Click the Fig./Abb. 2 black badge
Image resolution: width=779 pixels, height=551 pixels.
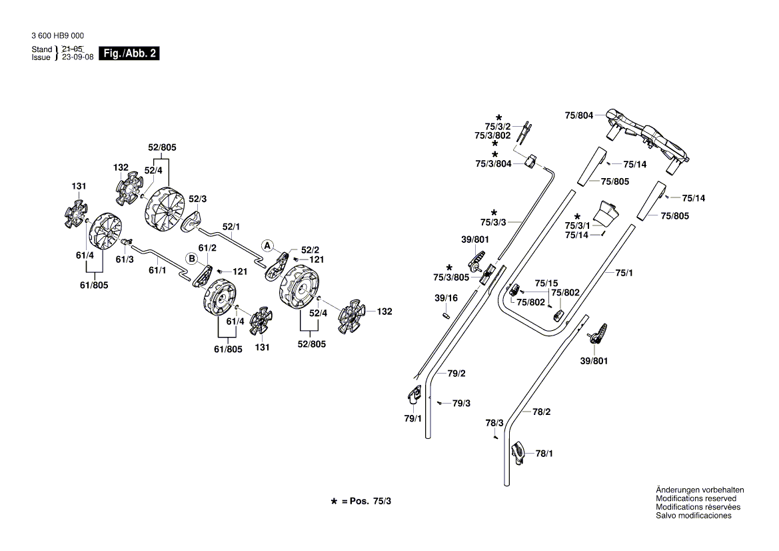click(129, 53)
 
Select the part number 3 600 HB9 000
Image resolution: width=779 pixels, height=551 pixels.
click(57, 36)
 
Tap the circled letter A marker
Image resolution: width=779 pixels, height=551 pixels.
click(267, 245)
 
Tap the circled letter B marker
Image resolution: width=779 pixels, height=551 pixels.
click(191, 258)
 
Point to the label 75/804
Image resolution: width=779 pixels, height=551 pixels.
click(578, 115)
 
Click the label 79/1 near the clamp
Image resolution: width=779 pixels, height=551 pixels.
click(413, 419)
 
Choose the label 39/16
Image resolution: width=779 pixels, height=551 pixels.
click(446, 298)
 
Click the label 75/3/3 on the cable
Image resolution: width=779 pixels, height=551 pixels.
click(493, 221)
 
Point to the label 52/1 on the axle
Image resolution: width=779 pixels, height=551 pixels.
click(231, 227)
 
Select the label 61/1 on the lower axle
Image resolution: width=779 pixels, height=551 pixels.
click(157, 270)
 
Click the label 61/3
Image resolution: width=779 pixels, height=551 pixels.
click(125, 259)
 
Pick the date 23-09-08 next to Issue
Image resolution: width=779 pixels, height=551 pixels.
click(77, 57)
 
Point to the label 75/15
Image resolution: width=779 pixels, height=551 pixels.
click(546, 283)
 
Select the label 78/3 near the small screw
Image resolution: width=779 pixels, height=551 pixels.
click(494, 423)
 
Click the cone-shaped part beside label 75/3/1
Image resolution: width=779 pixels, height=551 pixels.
click(606, 213)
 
